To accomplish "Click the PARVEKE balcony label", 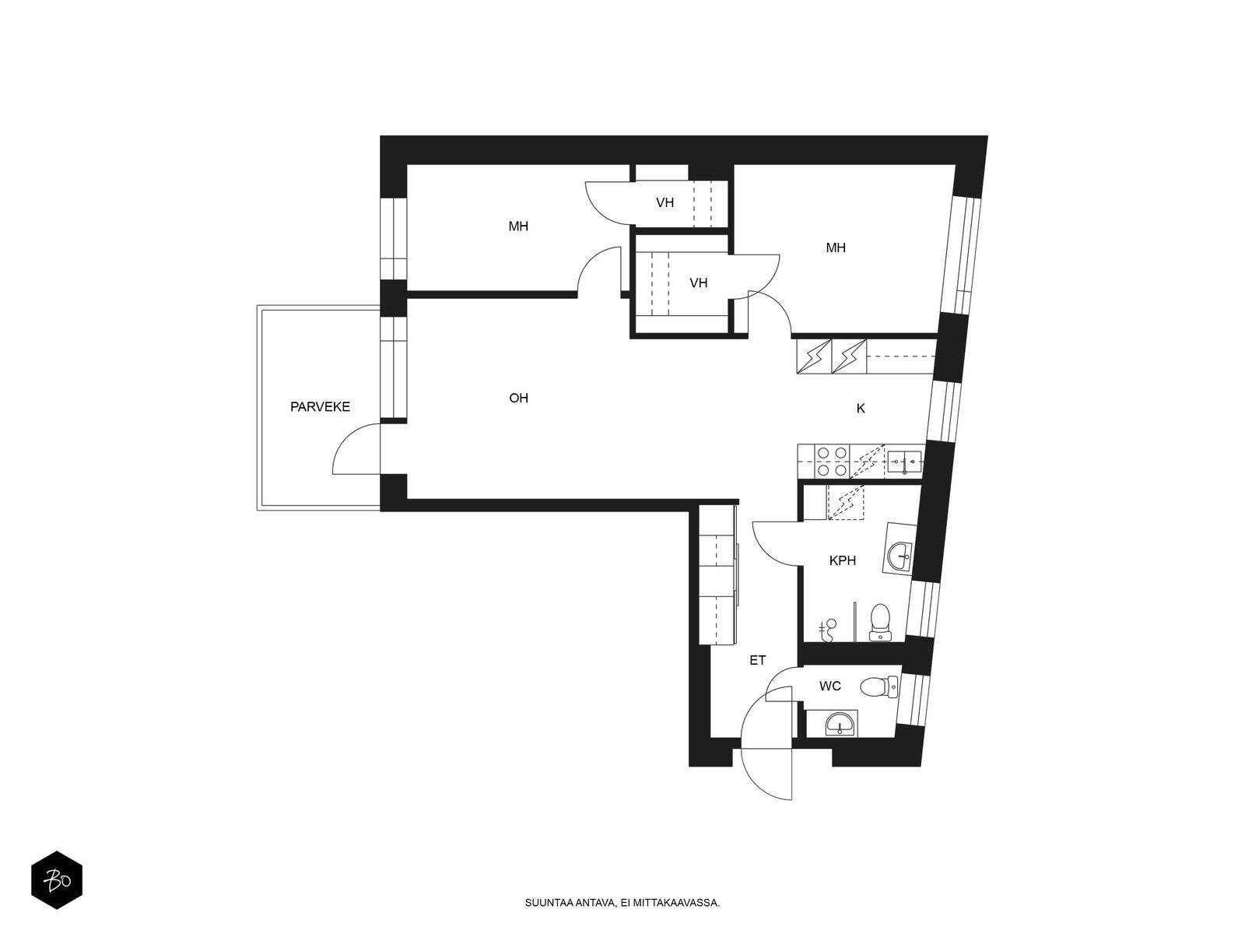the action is tap(320, 406).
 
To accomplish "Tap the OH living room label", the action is tap(518, 398).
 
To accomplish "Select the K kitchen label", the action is tap(861, 409).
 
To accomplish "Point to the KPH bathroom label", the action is tap(842, 561).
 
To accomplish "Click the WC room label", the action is tap(829, 686).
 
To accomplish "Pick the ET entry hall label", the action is tap(758, 660).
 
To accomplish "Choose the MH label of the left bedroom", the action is tap(518, 226).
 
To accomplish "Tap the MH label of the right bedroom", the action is tap(836, 248).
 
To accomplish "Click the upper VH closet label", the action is tap(665, 202).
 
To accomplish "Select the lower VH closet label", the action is tap(698, 283).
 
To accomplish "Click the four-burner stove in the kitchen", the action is tap(832, 461).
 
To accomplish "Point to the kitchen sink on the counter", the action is tap(904, 462).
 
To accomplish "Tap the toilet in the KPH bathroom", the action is tap(880, 622).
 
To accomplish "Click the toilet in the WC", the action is tap(879, 687).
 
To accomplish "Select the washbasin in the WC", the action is tap(839, 724).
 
